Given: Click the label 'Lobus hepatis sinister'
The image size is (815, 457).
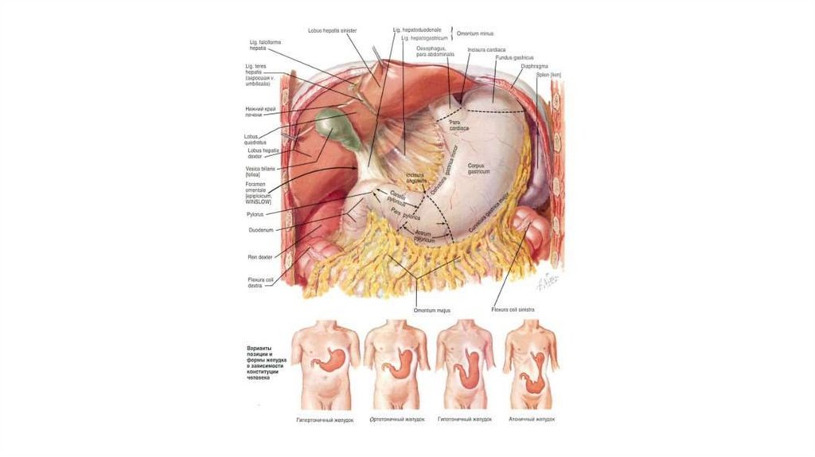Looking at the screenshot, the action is (333, 31).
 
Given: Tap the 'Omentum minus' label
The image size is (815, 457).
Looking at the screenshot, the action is (475, 34).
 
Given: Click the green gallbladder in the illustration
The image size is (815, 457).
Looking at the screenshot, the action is (332, 125).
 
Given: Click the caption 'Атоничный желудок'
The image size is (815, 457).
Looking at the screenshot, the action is (531, 419).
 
